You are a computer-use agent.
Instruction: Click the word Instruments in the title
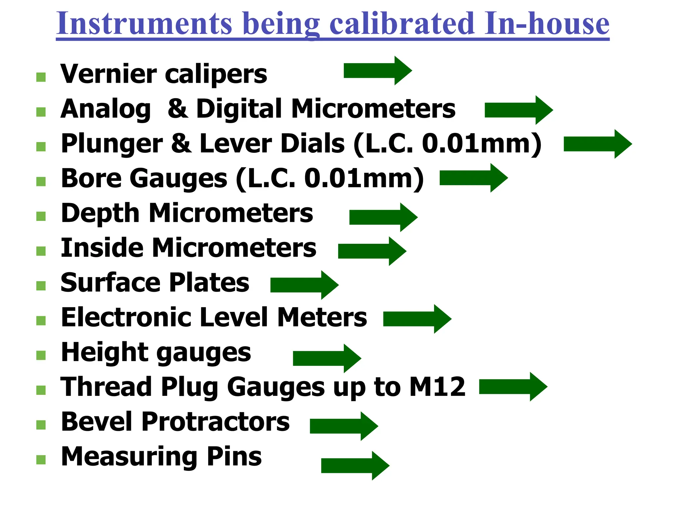point(144,24)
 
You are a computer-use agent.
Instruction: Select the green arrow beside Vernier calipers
point(378,70)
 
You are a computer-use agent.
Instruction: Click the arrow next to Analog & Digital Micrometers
point(519,110)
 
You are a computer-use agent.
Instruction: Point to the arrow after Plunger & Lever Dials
point(598,144)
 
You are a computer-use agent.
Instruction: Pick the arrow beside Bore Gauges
point(473,178)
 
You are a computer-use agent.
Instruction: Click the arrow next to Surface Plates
point(304,285)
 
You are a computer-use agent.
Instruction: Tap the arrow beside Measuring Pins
point(355,465)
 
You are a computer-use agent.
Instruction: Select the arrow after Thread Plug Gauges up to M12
point(513,387)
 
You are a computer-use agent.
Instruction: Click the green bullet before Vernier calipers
point(41,77)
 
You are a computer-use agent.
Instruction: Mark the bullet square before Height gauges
point(41,355)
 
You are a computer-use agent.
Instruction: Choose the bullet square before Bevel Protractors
point(41,425)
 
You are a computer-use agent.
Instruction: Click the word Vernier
point(108,74)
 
